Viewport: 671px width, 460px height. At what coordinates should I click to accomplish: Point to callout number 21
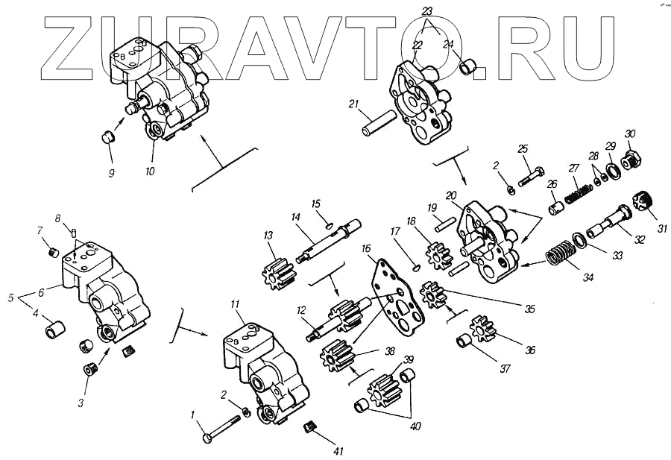[353, 104]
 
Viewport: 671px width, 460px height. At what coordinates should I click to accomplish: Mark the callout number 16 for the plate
[365, 248]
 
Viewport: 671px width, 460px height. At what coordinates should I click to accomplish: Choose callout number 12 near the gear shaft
[302, 310]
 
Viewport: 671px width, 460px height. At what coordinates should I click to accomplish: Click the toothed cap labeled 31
[643, 201]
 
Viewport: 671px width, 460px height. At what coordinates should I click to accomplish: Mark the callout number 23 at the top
[427, 10]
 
